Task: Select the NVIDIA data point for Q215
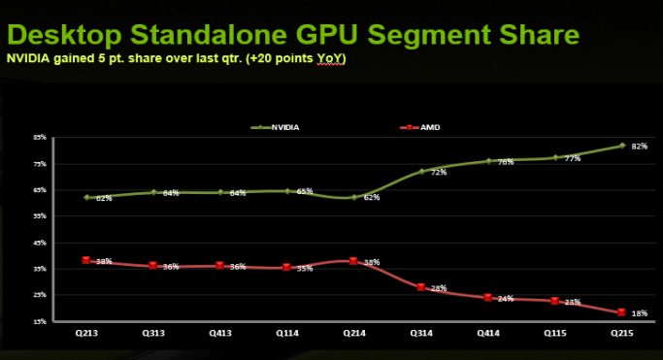click(x=621, y=146)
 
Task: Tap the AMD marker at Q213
click(x=86, y=260)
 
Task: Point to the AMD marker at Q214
click(x=353, y=260)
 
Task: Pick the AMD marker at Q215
click(x=621, y=312)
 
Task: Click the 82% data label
click(x=640, y=147)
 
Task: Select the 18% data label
click(x=640, y=313)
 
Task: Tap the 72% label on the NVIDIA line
click(x=439, y=173)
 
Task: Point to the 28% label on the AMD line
click(x=439, y=288)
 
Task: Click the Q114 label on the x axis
click(x=286, y=334)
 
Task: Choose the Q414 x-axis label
click(x=487, y=334)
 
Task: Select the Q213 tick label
click(x=86, y=334)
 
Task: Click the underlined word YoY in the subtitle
click(x=331, y=60)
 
